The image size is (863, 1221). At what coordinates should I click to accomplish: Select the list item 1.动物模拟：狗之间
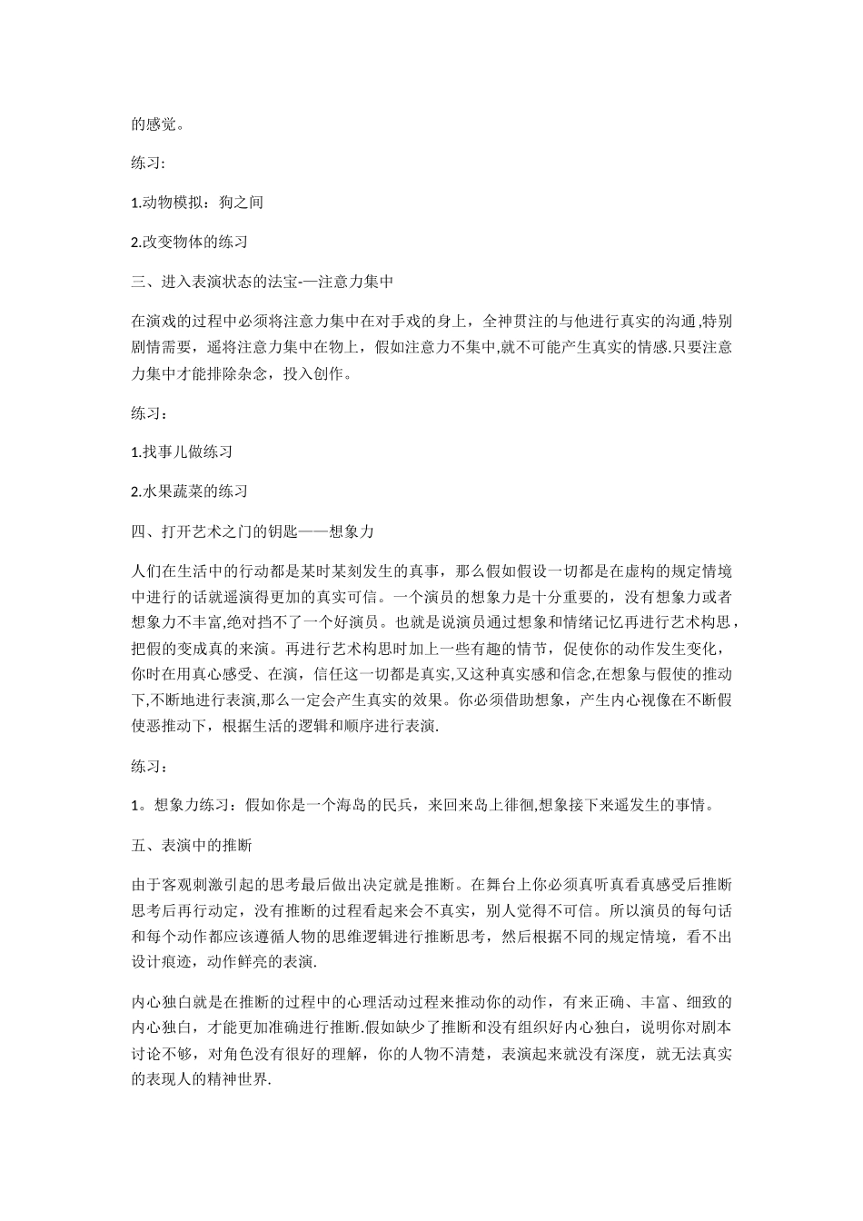pyautogui.click(x=197, y=202)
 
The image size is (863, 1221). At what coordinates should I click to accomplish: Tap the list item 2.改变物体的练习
pyautogui.click(x=190, y=242)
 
